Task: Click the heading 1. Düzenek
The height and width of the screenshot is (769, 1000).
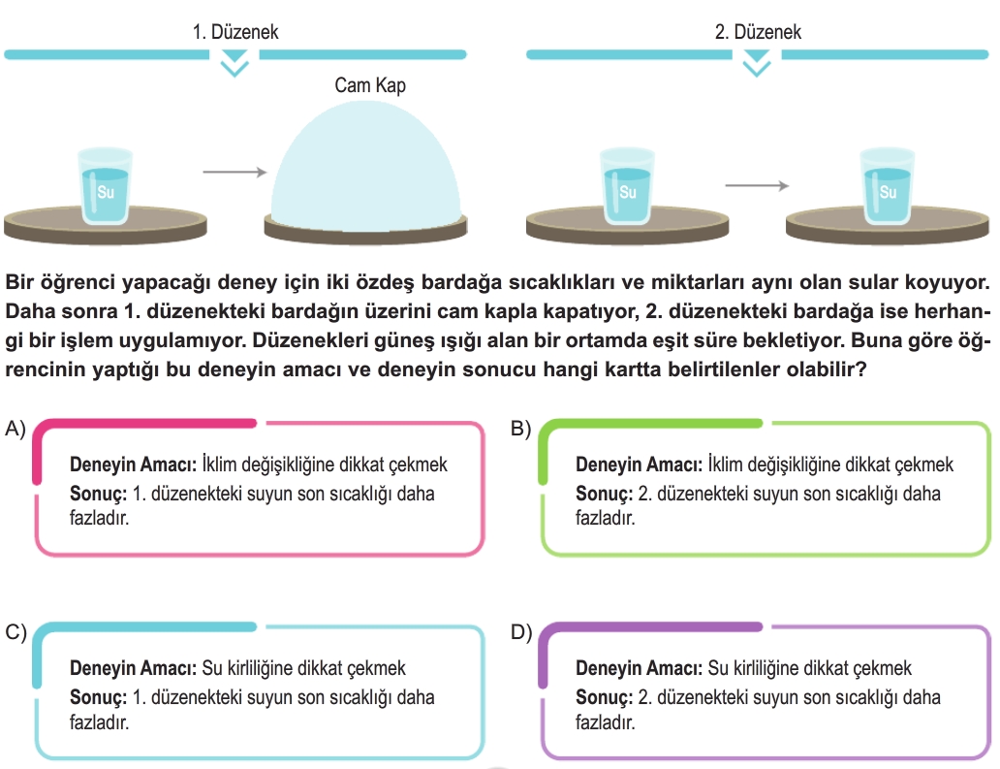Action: (235, 32)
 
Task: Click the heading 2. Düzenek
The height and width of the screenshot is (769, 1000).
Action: (758, 32)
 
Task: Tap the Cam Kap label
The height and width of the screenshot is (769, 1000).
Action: (370, 85)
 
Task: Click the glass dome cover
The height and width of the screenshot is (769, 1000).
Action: (365, 166)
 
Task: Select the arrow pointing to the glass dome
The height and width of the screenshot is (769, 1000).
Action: (234, 172)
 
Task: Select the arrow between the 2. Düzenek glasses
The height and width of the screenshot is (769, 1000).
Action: (757, 186)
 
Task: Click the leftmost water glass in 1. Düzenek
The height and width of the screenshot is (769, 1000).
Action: (106, 186)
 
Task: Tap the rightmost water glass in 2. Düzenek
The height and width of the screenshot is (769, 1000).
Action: (888, 186)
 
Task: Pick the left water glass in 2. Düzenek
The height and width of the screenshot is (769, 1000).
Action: (628, 186)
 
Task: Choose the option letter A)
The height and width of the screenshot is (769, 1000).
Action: (16, 429)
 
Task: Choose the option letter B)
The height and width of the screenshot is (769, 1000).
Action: (521, 429)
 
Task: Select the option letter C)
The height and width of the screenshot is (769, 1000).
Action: (16, 632)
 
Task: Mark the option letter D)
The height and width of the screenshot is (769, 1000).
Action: (521, 632)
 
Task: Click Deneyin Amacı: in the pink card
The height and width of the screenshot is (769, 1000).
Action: (134, 465)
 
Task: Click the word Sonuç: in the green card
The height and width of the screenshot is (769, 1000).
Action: (604, 494)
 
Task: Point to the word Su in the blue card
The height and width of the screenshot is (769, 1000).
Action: (212, 668)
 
